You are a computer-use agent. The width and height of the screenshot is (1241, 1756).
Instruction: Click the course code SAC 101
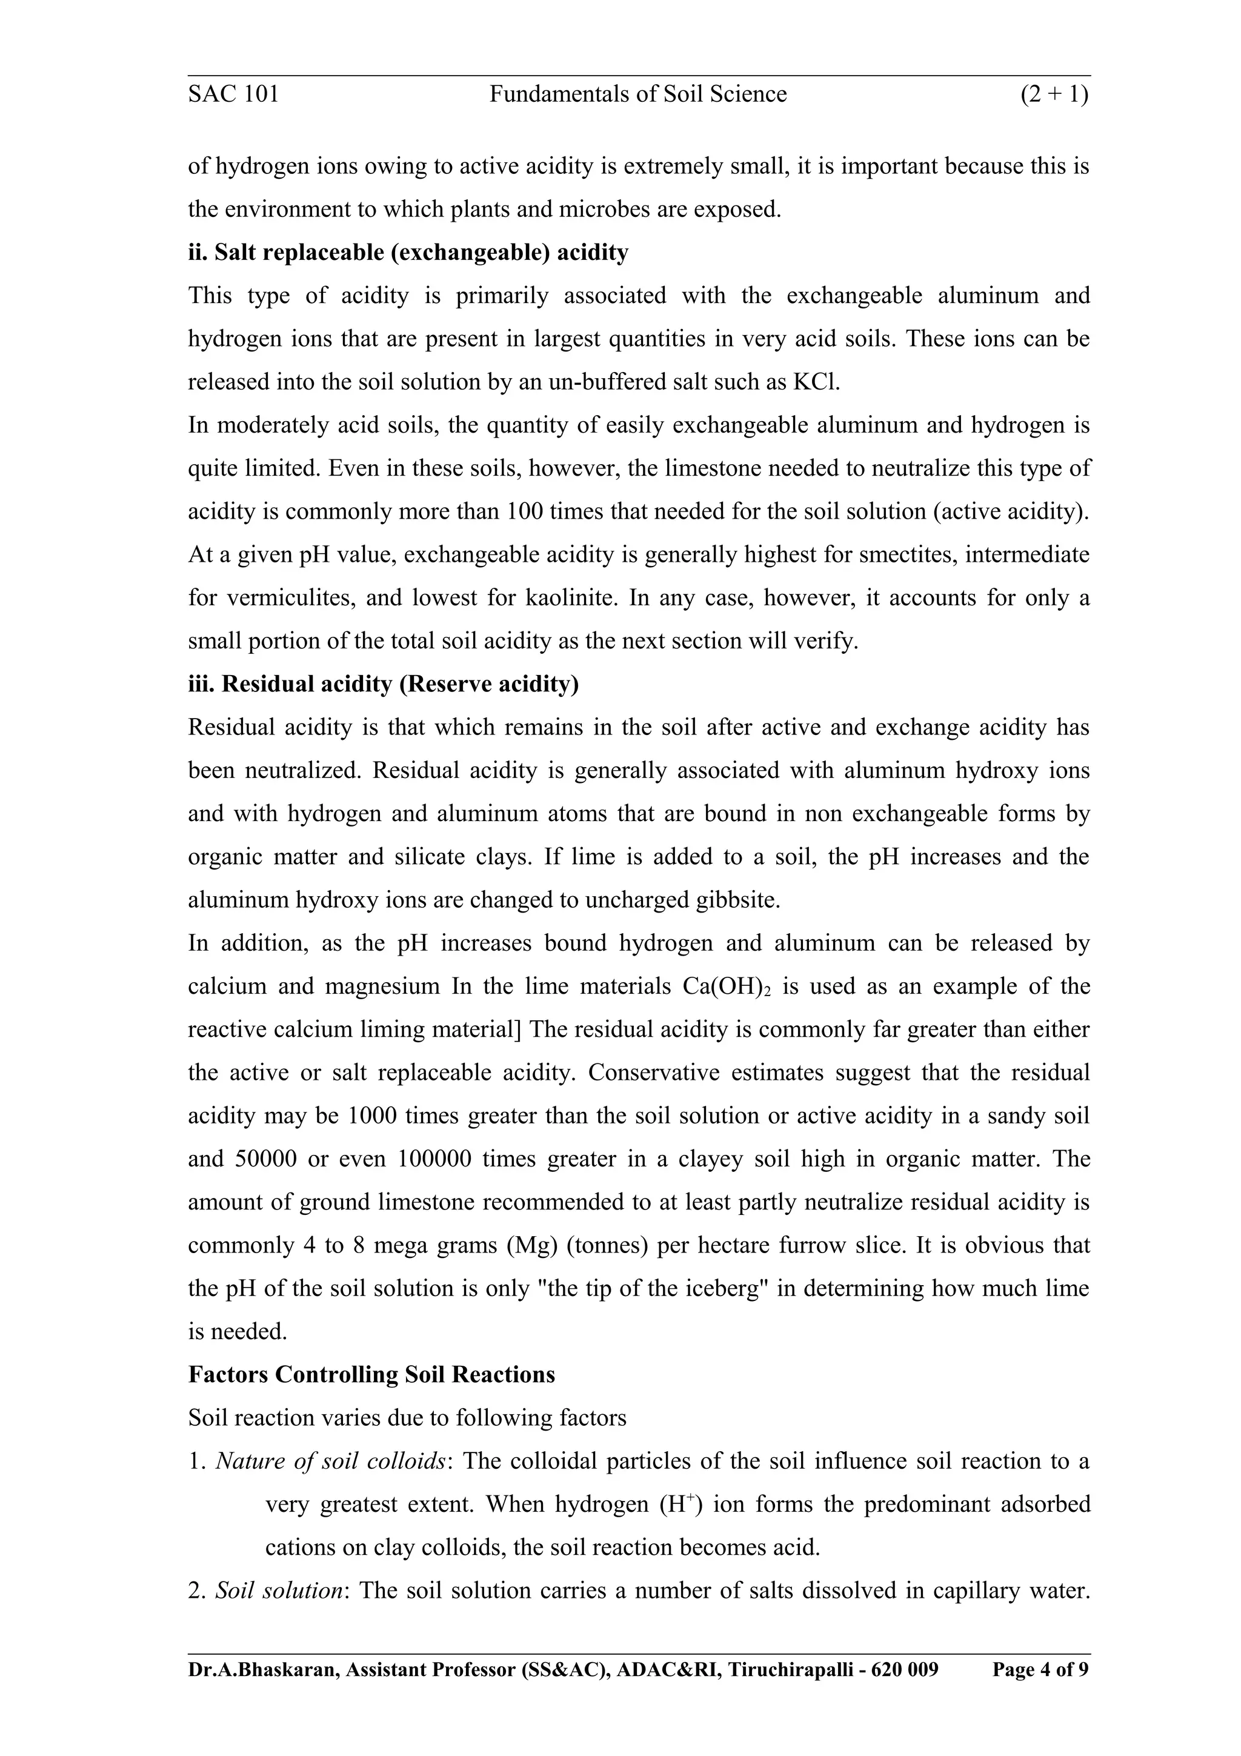(x=233, y=94)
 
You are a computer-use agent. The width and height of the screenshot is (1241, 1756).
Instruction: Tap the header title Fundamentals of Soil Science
(x=637, y=94)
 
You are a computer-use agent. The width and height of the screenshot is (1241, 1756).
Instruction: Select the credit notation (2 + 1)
(x=1054, y=94)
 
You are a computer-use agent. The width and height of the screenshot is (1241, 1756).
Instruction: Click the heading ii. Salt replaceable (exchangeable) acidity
(x=408, y=253)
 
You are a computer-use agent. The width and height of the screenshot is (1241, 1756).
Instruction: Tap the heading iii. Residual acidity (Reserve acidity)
(x=383, y=683)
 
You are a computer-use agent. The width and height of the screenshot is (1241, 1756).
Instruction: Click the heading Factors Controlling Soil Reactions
(x=371, y=1375)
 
